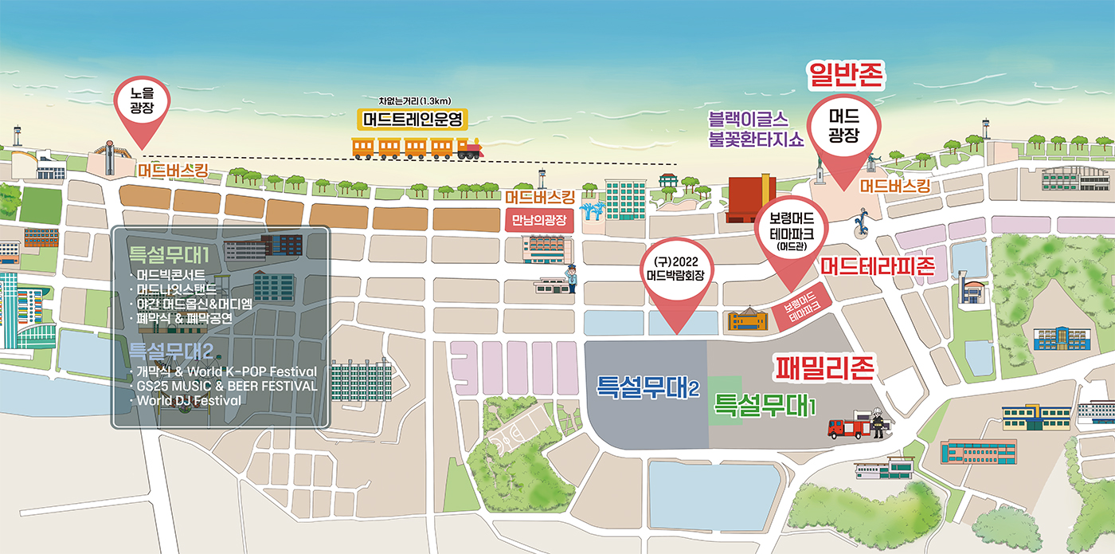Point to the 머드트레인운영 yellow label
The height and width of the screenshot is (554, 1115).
click(x=412, y=120)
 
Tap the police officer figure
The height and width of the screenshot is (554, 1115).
click(x=569, y=279)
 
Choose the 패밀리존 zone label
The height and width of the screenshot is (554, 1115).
click(x=825, y=368)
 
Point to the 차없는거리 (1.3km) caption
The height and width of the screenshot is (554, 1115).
click(x=415, y=100)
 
